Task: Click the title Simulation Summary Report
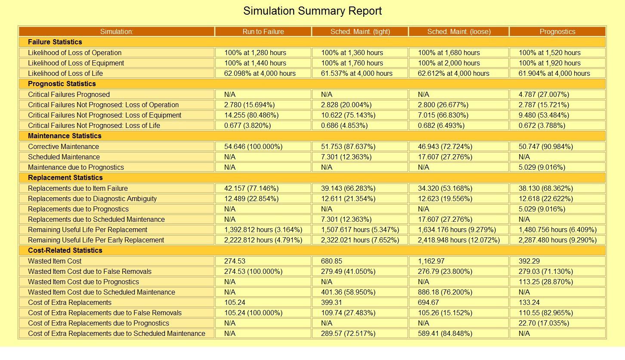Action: [x=312, y=11]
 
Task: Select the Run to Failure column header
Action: [x=263, y=31]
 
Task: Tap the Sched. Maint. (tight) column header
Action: [x=360, y=31]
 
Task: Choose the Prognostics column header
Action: [x=557, y=31]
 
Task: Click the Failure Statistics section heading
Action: [x=55, y=42]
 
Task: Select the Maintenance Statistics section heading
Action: [x=65, y=136]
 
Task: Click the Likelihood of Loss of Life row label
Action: [x=65, y=73]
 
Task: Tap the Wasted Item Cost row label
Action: [x=55, y=261]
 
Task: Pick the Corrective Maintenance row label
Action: [x=63, y=146]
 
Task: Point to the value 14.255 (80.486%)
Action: [x=251, y=115]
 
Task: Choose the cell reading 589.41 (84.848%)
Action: [x=445, y=333]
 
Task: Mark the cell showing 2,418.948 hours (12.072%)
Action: [x=459, y=240]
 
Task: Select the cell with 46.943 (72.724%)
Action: [x=445, y=146]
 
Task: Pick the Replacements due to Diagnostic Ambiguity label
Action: [x=92, y=199]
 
